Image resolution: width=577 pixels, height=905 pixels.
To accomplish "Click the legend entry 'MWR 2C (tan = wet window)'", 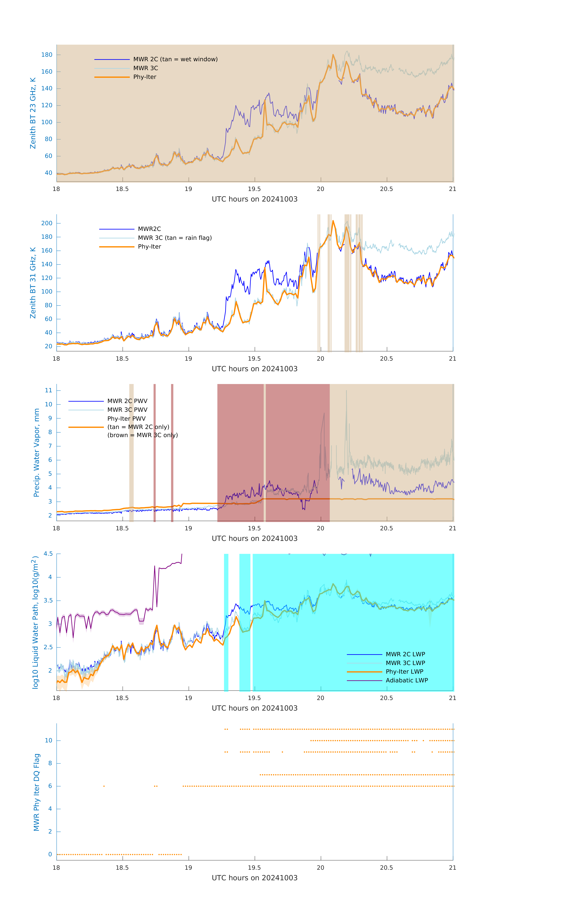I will click(175, 59).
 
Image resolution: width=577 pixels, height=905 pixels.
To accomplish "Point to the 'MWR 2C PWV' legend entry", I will click(127, 401).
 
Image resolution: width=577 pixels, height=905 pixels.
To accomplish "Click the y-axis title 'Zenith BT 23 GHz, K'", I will click(33, 113).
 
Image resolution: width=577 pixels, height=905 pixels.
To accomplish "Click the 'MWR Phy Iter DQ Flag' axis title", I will click(37, 792).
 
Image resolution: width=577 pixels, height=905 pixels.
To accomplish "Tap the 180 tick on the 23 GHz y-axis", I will click(47, 55).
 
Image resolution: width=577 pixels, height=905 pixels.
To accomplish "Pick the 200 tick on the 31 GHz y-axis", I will click(47, 223).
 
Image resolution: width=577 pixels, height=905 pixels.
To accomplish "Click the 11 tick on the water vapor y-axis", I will click(48, 391).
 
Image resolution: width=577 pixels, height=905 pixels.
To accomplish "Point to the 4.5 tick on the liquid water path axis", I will click(48, 554).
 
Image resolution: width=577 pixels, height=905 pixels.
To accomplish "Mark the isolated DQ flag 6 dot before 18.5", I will click(104, 786).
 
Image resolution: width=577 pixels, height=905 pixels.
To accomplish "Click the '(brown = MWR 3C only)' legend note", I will click(142, 435).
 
